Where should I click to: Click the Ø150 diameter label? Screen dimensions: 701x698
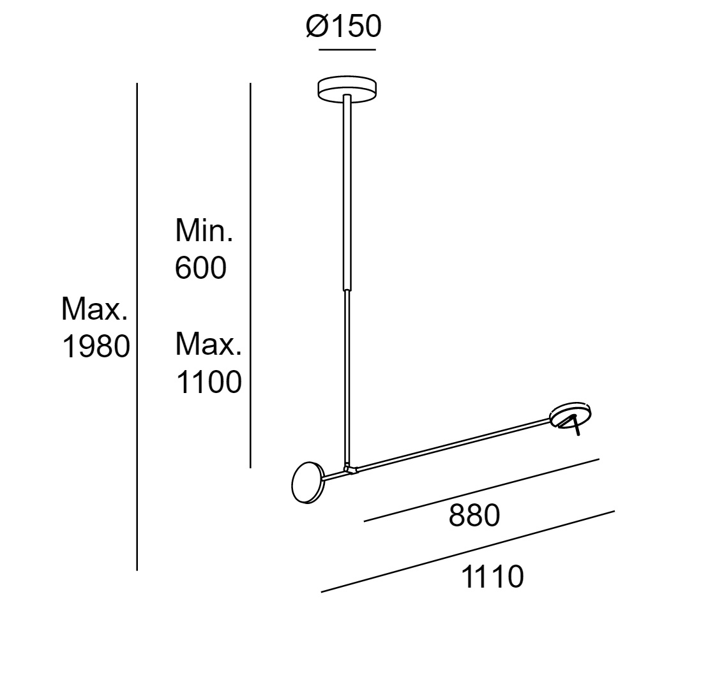click(343, 26)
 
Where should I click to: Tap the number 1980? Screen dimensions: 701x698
click(96, 346)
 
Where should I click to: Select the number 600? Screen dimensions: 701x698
click(200, 268)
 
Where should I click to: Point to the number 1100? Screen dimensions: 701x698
click(209, 383)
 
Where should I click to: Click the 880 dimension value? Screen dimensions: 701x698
click(474, 516)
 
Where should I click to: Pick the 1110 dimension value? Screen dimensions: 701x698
click(492, 576)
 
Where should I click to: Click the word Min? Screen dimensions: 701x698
click(204, 230)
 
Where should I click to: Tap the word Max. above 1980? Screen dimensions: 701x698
click(94, 309)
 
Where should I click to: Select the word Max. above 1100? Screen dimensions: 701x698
click(208, 344)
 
